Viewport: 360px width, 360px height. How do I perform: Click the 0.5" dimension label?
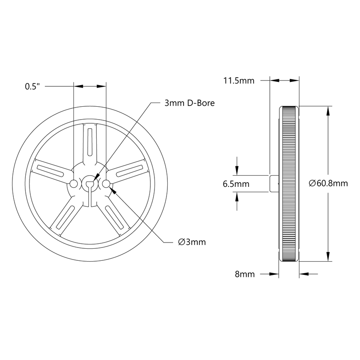[32, 86]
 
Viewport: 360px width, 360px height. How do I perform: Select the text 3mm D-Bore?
[189, 103]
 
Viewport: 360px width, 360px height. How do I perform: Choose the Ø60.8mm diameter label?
[328, 184]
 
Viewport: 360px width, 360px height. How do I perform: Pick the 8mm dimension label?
[245, 274]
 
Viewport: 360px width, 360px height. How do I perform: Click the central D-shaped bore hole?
[90, 183]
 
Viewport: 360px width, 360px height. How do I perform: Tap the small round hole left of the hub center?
[74, 184]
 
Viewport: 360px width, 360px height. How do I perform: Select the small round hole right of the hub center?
[105, 184]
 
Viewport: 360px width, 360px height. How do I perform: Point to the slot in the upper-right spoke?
[130, 170]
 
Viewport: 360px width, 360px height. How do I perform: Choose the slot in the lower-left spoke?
[65, 217]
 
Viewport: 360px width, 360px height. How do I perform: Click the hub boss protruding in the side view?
[274, 184]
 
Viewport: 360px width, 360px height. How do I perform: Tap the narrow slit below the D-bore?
[90, 197]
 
